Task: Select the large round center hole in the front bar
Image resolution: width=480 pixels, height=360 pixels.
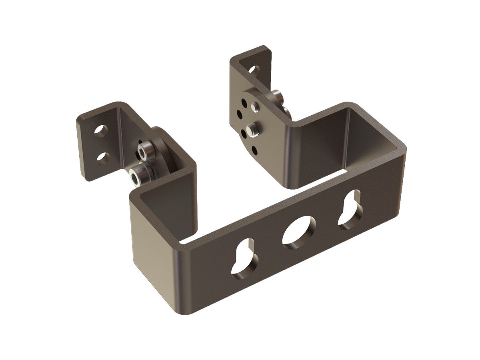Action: point(298,230)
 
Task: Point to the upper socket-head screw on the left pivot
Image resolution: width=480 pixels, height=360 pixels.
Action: point(142,151)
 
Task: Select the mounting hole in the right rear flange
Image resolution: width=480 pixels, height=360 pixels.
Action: point(253,69)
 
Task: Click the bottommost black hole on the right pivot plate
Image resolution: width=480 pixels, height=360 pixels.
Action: point(255,150)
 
